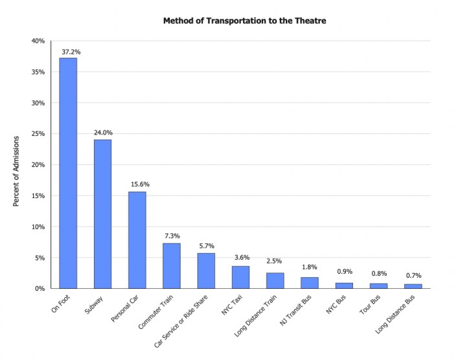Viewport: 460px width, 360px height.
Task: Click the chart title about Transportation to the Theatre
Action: click(x=244, y=21)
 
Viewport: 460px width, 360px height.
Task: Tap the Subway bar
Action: click(x=102, y=214)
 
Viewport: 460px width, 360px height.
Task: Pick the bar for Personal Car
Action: click(x=137, y=240)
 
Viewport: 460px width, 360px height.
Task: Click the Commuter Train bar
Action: click(x=171, y=265)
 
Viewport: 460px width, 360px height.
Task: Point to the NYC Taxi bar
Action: click(x=240, y=277)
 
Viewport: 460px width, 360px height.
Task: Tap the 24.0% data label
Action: click(x=102, y=132)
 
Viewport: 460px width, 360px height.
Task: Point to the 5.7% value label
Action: click(x=206, y=245)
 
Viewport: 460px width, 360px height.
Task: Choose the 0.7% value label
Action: click(x=413, y=276)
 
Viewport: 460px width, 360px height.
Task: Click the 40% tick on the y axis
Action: click(x=38, y=41)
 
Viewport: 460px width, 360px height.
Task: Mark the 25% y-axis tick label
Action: click(x=38, y=134)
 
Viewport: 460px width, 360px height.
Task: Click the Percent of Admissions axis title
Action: click(x=17, y=172)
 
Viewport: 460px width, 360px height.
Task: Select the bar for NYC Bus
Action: click(x=344, y=286)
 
